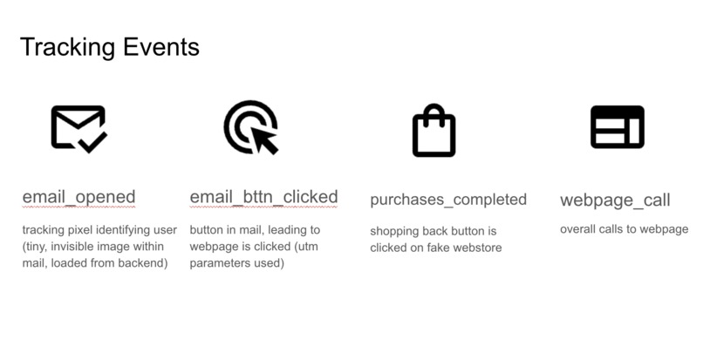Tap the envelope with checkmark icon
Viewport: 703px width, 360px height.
point(78,127)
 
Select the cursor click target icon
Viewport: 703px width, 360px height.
point(250,127)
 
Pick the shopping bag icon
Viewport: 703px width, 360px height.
point(433,132)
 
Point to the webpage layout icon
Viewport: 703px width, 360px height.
point(617,127)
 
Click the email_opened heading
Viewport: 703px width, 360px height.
point(78,197)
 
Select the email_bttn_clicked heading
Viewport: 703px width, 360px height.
point(263,197)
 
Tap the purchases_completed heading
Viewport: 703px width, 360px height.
point(447,200)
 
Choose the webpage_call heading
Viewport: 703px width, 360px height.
point(615,200)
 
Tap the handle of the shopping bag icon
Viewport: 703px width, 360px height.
point(433,114)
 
